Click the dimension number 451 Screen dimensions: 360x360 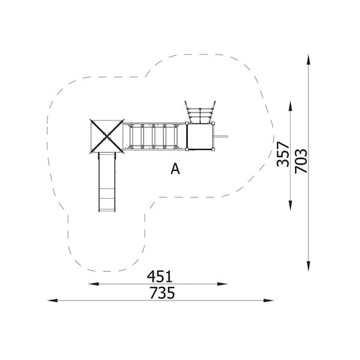tap(160, 277)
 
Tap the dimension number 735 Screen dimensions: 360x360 tap(162, 293)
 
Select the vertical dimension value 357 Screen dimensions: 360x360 tap(283, 154)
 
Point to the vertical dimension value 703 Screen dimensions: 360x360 tap(301, 161)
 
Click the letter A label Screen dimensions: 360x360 tap(175, 169)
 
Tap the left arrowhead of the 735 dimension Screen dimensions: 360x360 tap(52, 301)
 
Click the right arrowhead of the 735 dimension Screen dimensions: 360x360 tap(269, 301)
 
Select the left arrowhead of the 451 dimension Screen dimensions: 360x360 tap(94, 284)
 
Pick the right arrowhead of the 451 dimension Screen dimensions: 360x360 tap(222, 284)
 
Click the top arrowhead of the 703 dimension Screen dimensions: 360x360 tap(308, 60)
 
